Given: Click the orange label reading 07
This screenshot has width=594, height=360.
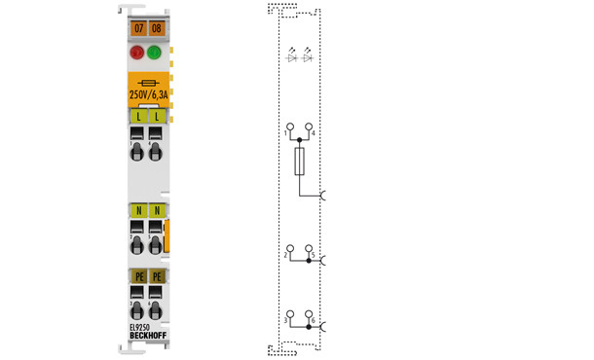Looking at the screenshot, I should (137, 30).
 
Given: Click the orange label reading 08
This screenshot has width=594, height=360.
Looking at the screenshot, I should (156, 30).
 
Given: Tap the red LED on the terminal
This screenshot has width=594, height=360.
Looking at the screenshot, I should (137, 54).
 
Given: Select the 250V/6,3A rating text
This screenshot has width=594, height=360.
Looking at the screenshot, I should (147, 95).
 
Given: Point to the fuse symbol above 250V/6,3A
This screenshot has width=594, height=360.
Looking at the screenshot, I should (147, 82).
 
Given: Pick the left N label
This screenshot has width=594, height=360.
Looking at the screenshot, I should (137, 210).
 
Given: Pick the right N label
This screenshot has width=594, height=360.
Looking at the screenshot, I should (156, 210).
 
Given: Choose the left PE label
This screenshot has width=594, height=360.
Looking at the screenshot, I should (137, 277).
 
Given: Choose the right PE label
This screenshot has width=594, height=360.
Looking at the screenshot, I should (156, 277).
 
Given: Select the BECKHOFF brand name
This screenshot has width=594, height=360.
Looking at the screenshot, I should (147, 337).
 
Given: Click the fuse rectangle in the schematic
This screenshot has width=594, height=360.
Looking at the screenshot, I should (299, 162).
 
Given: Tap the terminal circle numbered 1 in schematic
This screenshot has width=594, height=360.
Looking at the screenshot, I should (289, 128).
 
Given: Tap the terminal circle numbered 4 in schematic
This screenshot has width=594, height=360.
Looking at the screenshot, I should (309, 128).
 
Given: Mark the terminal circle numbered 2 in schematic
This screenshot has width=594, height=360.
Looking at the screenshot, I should (289, 249).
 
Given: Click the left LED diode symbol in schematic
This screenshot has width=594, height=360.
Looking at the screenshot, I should (291, 57).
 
